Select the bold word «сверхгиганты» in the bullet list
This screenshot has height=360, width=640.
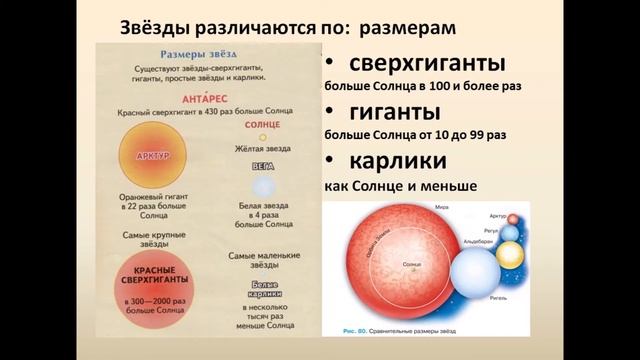coord(420,65)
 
